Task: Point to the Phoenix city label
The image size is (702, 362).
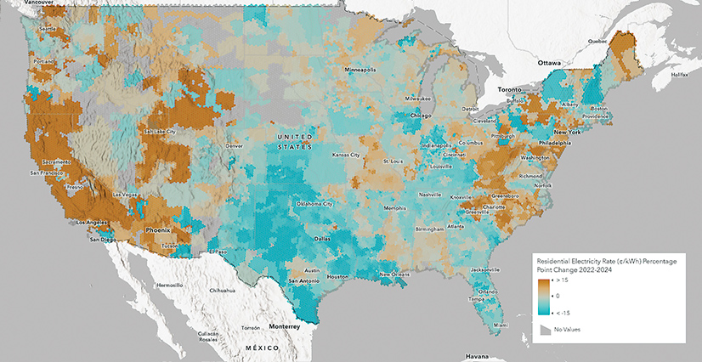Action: (157, 229)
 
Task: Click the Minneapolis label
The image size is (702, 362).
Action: (361, 70)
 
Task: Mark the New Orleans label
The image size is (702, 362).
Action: (395, 274)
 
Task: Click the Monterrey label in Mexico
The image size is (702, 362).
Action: (283, 326)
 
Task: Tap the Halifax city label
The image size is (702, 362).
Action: (679, 75)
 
